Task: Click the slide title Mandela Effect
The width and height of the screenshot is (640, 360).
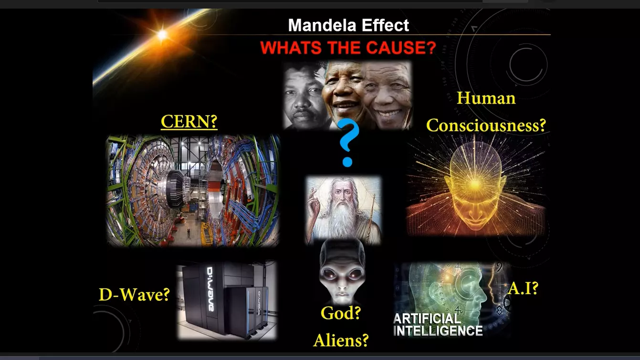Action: click(x=348, y=25)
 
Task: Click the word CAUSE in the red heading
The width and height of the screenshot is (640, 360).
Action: click(x=401, y=47)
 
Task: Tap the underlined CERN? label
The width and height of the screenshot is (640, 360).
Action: click(x=189, y=122)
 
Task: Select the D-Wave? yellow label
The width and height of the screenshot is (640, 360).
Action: click(x=134, y=295)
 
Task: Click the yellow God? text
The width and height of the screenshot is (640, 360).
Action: click(x=341, y=313)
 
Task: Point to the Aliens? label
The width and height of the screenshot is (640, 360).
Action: click(x=341, y=340)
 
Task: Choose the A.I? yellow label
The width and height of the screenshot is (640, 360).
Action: click(x=523, y=288)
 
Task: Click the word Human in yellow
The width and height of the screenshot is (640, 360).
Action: click(x=486, y=98)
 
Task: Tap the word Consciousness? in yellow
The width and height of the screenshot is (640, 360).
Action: click(x=486, y=125)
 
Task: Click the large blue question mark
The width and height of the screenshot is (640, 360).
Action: click(x=347, y=143)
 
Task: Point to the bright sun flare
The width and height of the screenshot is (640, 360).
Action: click(x=162, y=34)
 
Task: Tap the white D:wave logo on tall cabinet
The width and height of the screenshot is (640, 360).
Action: click(x=210, y=289)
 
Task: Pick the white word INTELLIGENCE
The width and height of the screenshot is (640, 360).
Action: click(x=438, y=331)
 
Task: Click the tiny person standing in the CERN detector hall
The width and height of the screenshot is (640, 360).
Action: click(x=189, y=232)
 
